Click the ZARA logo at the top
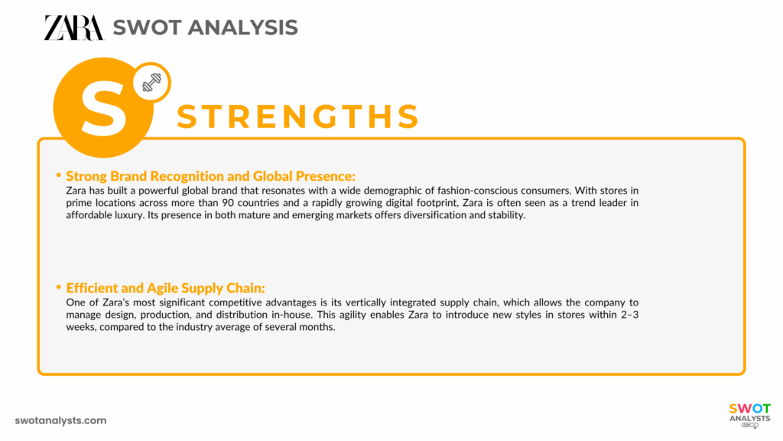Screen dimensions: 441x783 click(73, 28)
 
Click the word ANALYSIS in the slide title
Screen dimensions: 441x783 click(244, 28)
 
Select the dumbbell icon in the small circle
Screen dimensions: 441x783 click(151, 83)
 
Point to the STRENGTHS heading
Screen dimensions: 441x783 click(298, 116)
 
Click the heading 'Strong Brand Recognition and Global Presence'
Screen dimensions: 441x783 click(211, 175)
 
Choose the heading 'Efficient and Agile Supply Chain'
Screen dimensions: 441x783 click(166, 288)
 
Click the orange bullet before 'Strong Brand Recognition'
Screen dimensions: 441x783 click(59, 175)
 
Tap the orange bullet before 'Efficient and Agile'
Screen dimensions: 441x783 click(59, 287)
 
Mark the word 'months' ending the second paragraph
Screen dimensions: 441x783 click(318, 328)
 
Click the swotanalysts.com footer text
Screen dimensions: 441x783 click(61, 420)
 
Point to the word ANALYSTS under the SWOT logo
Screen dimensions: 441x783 click(749, 419)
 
